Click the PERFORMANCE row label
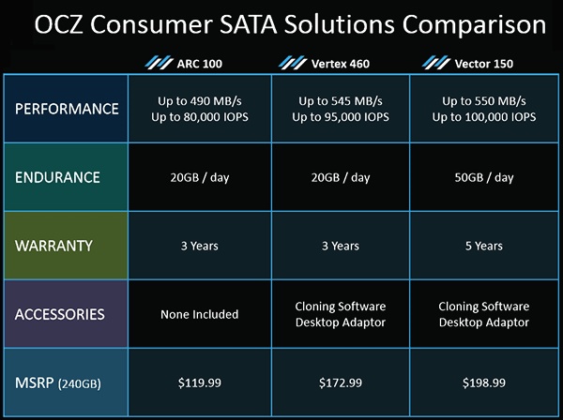tap(67, 109)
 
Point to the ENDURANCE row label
tap(57, 177)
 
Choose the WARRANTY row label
tap(53, 246)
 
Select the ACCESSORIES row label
tap(60, 314)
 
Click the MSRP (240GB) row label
tap(58, 382)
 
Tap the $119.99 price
tap(200, 382)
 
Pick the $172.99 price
tap(341, 382)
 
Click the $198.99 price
tap(483, 382)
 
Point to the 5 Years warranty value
tap(483, 246)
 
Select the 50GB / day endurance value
tap(483, 177)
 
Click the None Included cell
tap(200, 314)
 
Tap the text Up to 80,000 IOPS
tap(200, 117)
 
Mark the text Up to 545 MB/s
tap(341, 101)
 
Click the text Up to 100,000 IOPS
tap(483, 117)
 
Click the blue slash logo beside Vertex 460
tap(293, 63)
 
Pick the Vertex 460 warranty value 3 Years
tap(341, 246)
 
